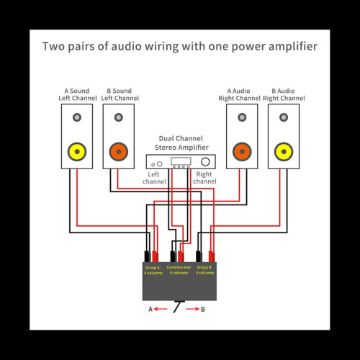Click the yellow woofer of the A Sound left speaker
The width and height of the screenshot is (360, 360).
click(76, 151)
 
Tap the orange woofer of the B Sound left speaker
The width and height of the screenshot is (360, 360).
click(118, 151)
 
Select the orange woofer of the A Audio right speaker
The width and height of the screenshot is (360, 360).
click(242, 151)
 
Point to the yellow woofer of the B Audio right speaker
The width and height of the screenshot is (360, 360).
click(284, 151)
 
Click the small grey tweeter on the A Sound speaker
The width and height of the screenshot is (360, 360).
click(76, 117)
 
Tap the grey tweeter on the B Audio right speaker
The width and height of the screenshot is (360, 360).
click(284, 117)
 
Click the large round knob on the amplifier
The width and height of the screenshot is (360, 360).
click(206, 162)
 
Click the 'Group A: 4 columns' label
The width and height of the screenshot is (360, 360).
click(153, 270)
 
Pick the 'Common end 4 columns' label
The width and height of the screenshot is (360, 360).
click(179, 270)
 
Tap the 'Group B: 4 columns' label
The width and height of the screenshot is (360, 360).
click(204, 270)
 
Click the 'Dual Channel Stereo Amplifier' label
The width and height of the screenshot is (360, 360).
click(180, 143)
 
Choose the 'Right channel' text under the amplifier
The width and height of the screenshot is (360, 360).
click(204, 178)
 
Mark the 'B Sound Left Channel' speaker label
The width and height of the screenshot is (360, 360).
click(118, 94)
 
